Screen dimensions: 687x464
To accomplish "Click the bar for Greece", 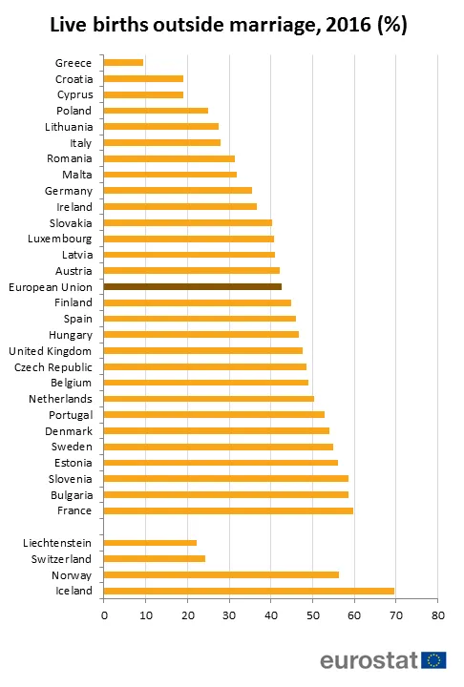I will click(x=123, y=63).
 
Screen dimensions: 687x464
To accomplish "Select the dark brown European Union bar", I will click(x=192, y=286).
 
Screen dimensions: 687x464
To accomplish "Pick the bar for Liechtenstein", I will click(x=150, y=542).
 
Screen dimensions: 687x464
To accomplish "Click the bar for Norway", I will click(x=221, y=574).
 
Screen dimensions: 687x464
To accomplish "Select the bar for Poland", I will click(x=156, y=111).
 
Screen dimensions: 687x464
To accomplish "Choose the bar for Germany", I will click(x=178, y=191).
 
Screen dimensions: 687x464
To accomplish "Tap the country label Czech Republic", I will click(x=53, y=366).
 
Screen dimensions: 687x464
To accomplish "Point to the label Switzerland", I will click(x=62, y=558).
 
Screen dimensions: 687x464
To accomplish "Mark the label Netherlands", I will click(x=61, y=398).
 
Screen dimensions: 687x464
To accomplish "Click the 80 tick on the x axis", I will click(x=437, y=615).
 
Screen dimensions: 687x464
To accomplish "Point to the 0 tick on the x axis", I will click(x=103, y=615).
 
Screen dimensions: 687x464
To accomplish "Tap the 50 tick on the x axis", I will click(x=312, y=615).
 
